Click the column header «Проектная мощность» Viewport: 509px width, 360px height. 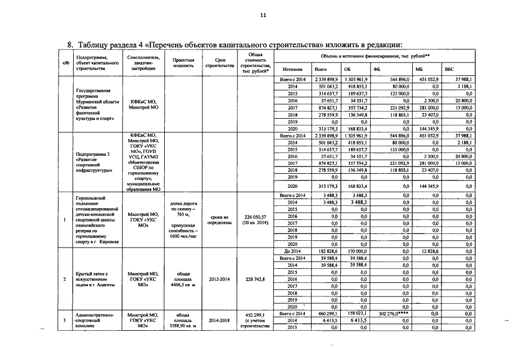tap(183, 62)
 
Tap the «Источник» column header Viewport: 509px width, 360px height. tap(292, 69)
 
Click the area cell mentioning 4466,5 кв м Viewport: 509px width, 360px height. tap(183, 279)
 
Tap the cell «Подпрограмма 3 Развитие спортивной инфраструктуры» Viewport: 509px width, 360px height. tap(93, 161)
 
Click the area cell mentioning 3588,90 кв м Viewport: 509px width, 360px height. tap(183, 321)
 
